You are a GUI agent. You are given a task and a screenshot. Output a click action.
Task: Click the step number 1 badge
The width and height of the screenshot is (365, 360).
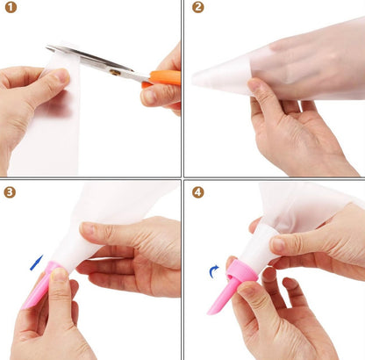pos(11,7)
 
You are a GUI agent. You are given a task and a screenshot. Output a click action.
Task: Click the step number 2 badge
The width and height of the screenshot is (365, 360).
pos(198,7)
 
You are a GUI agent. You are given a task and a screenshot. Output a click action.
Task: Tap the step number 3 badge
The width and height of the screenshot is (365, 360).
pos(10,192)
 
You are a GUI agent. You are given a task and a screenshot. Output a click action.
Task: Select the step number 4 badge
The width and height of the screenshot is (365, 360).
pos(198,192)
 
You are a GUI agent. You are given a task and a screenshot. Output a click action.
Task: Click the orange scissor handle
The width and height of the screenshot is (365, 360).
pos(162,78)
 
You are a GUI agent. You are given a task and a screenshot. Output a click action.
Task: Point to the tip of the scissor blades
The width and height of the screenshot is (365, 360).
pos(47,47)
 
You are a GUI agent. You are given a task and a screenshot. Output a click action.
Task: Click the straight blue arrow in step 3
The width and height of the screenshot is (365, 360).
pos(37,263)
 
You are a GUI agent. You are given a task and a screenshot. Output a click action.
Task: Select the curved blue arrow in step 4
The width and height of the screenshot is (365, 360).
pos(214,271)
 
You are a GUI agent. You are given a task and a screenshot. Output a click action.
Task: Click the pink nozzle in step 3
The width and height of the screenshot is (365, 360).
pos(40,284)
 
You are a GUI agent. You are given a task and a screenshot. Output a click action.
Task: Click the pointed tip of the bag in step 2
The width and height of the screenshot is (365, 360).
pos(194,78)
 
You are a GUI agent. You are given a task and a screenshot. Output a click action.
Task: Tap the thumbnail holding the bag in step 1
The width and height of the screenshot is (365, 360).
pos(61,76)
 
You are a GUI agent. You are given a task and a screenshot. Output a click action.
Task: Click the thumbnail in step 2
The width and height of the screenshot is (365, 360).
pos(254,84)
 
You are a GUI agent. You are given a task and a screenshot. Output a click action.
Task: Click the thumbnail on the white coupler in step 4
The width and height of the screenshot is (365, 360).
pos(277,244)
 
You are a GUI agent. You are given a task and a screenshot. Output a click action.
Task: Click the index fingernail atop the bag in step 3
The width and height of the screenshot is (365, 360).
pos(87,227)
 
